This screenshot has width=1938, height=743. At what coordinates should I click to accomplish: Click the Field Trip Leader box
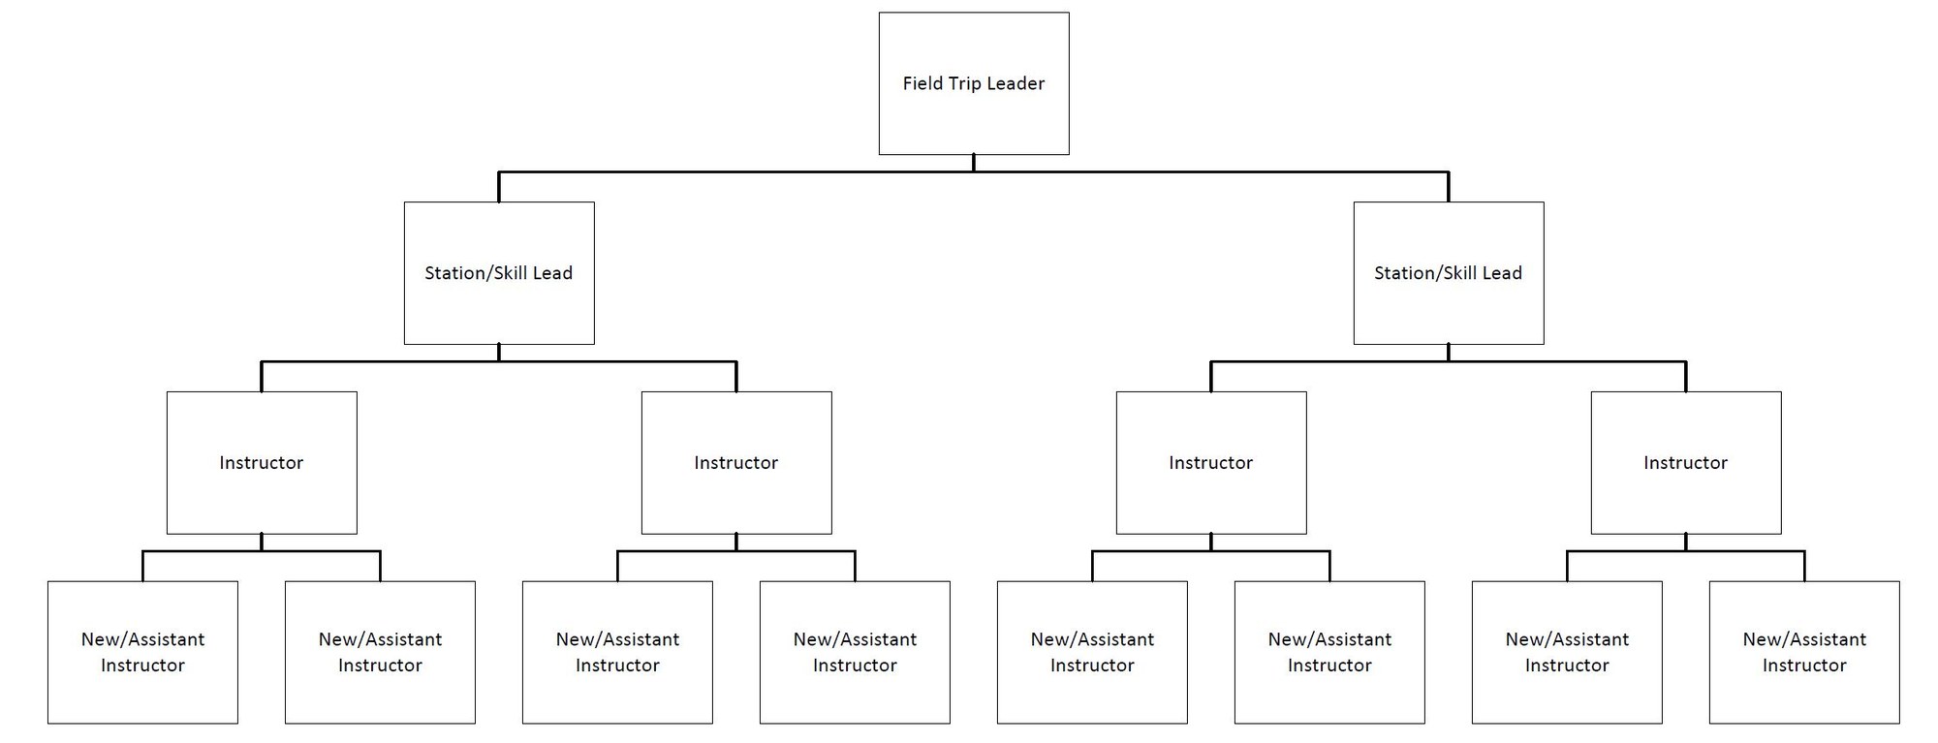coord(974,83)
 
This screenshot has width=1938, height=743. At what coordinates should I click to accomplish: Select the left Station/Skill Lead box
coord(499,273)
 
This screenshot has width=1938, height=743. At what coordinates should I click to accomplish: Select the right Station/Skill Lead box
coord(1449,273)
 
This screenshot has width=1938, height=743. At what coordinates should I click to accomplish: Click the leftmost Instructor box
coord(262,463)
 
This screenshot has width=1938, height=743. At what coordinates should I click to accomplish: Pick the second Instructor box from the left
coord(736,463)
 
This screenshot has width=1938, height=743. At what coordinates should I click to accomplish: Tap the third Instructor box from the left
coord(1211,463)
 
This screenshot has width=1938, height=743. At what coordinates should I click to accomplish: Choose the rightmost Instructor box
coord(1686,463)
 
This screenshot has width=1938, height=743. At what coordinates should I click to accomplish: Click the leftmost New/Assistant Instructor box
coord(142,652)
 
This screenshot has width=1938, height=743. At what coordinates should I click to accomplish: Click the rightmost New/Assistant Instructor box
coord(1804,652)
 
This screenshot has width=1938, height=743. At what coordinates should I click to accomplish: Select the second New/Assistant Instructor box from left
coord(380,652)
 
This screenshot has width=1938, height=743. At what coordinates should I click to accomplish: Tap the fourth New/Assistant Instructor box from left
coord(855,652)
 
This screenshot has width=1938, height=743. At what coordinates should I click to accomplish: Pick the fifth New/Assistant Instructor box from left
coord(1092,652)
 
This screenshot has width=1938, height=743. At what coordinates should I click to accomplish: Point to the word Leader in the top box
coord(1016,83)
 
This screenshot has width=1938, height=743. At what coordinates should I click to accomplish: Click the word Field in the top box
coord(922,83)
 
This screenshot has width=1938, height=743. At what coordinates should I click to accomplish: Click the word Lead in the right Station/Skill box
coord(1502,273)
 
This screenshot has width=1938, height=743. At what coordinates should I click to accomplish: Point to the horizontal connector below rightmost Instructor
coord(1628,552)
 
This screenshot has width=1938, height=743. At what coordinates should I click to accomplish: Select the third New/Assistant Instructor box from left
coord(617,652)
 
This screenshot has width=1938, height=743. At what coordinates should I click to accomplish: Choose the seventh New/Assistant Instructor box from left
coord(1567,652)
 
